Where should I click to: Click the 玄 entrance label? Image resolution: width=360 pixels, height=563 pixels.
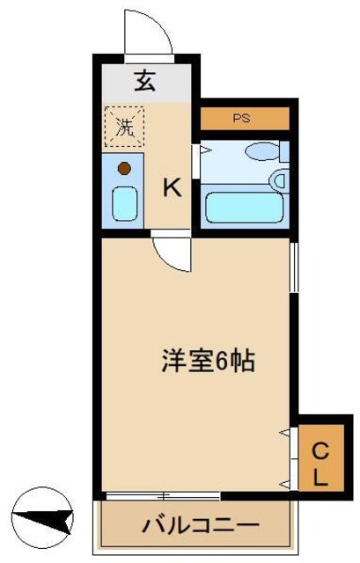click(x=144, y=82)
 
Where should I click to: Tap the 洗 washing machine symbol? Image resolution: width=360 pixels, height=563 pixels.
click(x=125, y=126)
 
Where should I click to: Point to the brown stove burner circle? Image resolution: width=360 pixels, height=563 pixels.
click(x=125, y=167)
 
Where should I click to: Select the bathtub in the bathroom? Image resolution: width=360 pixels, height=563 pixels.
click(x=242, y=208)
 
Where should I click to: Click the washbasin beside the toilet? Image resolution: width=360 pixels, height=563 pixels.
click(x=280, y=181)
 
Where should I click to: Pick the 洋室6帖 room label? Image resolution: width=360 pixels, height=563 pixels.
click(x=208, y=360)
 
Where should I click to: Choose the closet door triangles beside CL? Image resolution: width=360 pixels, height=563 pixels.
click(x=285, y=457)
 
